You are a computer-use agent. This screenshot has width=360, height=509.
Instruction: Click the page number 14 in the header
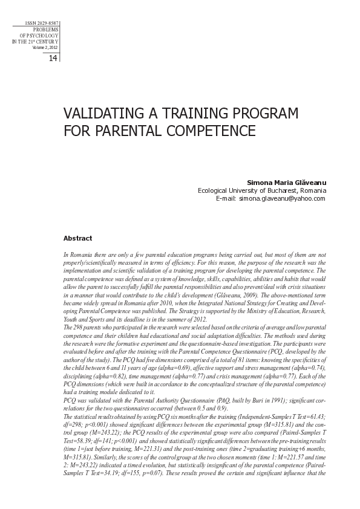click(x=52, y=58)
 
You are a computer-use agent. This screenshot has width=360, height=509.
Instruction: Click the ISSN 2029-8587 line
click(x=42, y=23)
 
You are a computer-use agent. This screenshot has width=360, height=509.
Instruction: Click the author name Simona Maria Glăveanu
click(x=286, y=181)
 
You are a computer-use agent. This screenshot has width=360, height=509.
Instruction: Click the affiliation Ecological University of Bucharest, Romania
click(x=261, y=190)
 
